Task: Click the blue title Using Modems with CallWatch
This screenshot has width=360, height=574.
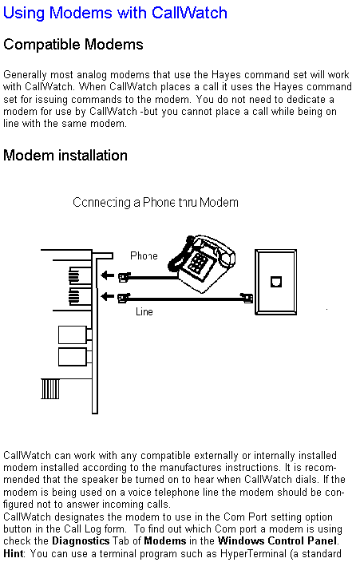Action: (x=115, y=14)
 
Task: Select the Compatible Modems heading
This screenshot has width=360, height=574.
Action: (x=73, y=45)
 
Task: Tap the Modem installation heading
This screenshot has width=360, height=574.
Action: (x=65, y=155)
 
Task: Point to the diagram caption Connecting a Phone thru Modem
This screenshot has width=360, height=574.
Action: (x=156, y=203)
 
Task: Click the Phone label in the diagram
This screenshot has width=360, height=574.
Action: (x=144, y=255)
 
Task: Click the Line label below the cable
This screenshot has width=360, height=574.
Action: (x=144, y=311)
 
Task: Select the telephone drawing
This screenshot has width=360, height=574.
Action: (x=202, y=263)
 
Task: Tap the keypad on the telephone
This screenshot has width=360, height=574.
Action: (x=198, y=263)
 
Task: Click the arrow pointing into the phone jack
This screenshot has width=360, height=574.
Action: (x=107, y=275)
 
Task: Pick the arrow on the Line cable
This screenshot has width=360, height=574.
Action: (x=107, y=296)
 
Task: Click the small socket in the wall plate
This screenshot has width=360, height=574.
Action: (x=276, y=282)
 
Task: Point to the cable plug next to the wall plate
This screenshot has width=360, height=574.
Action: (x=246, y=298)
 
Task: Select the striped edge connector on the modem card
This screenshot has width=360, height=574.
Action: (x=50, y=389)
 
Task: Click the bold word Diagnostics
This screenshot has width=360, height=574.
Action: (x=81, y=541)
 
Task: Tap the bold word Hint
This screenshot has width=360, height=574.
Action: (x=14, y=553)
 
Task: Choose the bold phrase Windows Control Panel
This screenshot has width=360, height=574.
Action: (x=277, y=541)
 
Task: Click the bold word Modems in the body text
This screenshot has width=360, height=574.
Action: (x=165, y=541)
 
